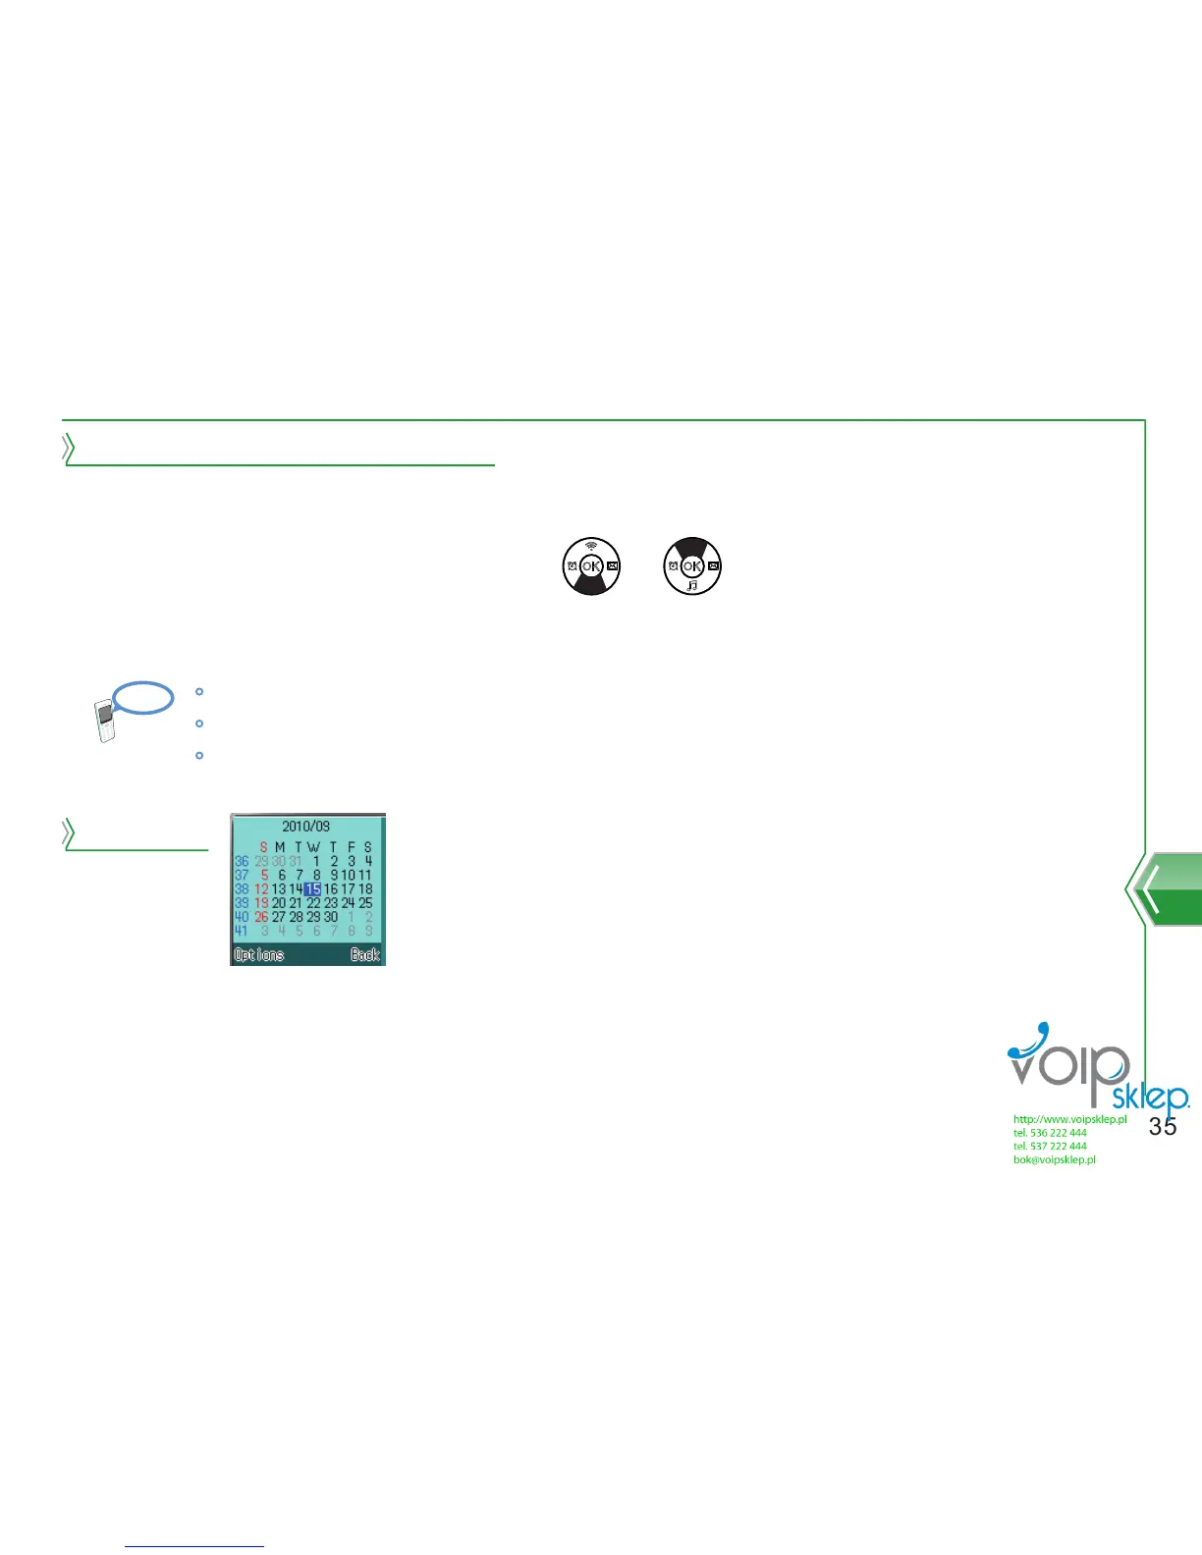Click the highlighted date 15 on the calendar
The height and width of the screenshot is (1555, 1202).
pyautogui.click(x=312, y=889)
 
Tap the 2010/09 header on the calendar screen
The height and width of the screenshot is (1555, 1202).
pyautogui.click(x=306, y=827)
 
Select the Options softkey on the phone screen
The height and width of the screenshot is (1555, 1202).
pyautogui.click(x=258, y=954)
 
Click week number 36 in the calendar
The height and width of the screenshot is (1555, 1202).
pyautogui.click(x=242, y=861)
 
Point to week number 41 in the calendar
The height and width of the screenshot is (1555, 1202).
pyautogui.click(x=242, y=931)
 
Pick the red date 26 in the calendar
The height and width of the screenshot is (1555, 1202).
pyautogui.click(x=261, y=917)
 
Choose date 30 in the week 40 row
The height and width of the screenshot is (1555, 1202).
pyautogui.click(x=331, y=917)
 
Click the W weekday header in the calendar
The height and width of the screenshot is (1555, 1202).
pyautogui.click(x=313, y=847)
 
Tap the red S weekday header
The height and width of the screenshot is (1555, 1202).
pyautogui.click(x=263, y=847)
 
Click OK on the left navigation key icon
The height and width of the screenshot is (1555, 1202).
pyautogui.click(x=590, y=566)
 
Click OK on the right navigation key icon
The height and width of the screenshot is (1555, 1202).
pyautogui.click(x=692, y=566)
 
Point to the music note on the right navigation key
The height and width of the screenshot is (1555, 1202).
pyautogui.click(x=692, y=585)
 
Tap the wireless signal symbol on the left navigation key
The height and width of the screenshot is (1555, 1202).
pyautogui.click(x=591, y=546)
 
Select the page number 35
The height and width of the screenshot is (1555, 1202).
pyautogui.click(x=1163, y=1127)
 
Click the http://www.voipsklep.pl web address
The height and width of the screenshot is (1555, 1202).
pyautogui.click(x=1069, y=1119)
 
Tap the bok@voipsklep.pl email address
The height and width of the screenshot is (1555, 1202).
pyautogui.click(x=1055, y=1159)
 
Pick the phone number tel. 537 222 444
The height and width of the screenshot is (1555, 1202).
pyautogui.click(x=1050, y=1146)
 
